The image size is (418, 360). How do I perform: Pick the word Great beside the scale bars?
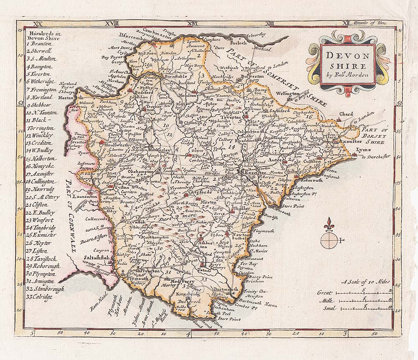pyautogui.click(x=325, y=292)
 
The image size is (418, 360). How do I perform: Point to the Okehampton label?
pyautogui.click(x=121, y=171)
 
